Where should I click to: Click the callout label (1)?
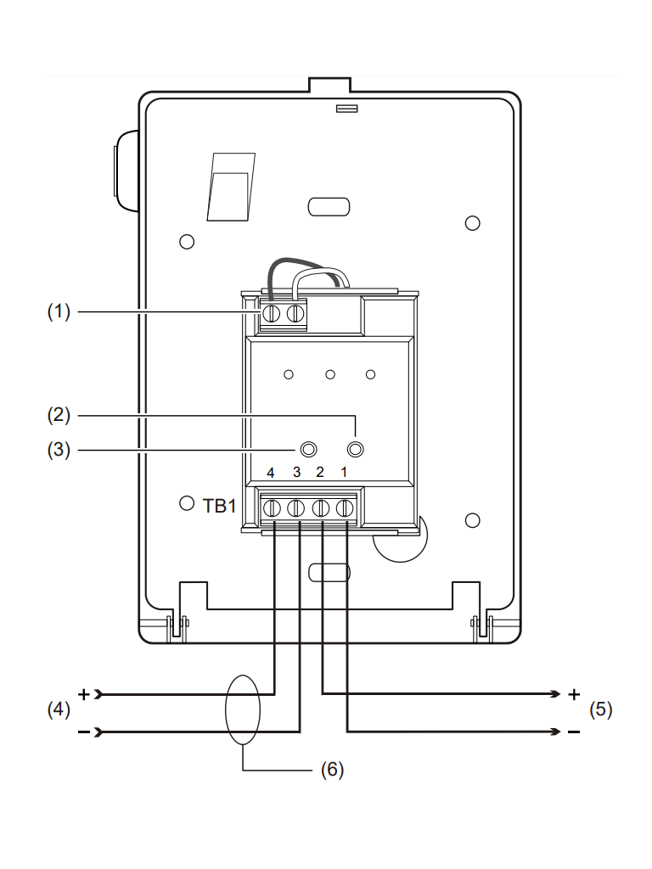(58, 312)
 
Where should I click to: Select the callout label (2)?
(58, 416)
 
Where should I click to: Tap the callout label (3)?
(58, 449)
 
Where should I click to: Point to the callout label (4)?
(57, 710)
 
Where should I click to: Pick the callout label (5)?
(600, 710)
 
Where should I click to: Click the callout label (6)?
(332, 770)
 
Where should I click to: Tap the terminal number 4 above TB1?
(271, 472)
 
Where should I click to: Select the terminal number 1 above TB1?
(345, 472)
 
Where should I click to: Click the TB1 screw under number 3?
(295, 508)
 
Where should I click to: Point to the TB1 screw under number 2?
(321, 508)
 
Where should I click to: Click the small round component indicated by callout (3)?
(309, 449)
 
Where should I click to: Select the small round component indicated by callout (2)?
(357, 449)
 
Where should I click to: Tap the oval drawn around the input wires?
(243, 710)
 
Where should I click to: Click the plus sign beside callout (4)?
(84, 693)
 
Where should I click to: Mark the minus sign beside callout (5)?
(574, 732)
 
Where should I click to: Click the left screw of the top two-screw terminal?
(272, 314)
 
